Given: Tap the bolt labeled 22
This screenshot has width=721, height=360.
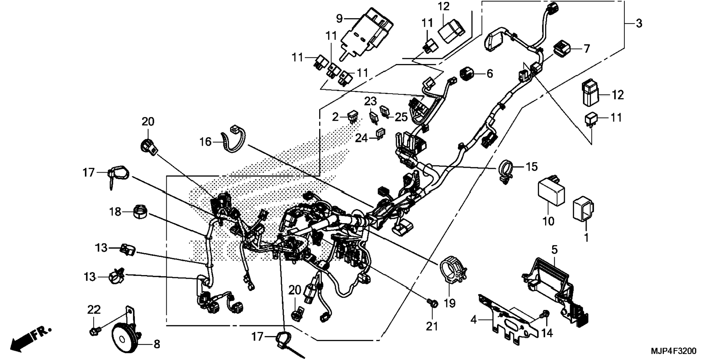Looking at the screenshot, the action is coord(94,331).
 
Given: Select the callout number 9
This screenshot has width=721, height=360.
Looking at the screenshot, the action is coord(339,18).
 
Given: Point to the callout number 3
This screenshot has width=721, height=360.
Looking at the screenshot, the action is coord(639,23).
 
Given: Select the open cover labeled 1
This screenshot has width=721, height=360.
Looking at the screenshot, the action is coord(583,209).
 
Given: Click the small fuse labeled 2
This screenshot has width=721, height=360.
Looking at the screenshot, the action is coord(352,117).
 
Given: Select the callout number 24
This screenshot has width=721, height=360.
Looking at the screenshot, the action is coord(361,138).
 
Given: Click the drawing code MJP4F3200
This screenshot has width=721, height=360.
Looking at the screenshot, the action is coord(673,351).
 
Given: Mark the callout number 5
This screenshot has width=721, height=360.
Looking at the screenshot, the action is coord(554,249).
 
